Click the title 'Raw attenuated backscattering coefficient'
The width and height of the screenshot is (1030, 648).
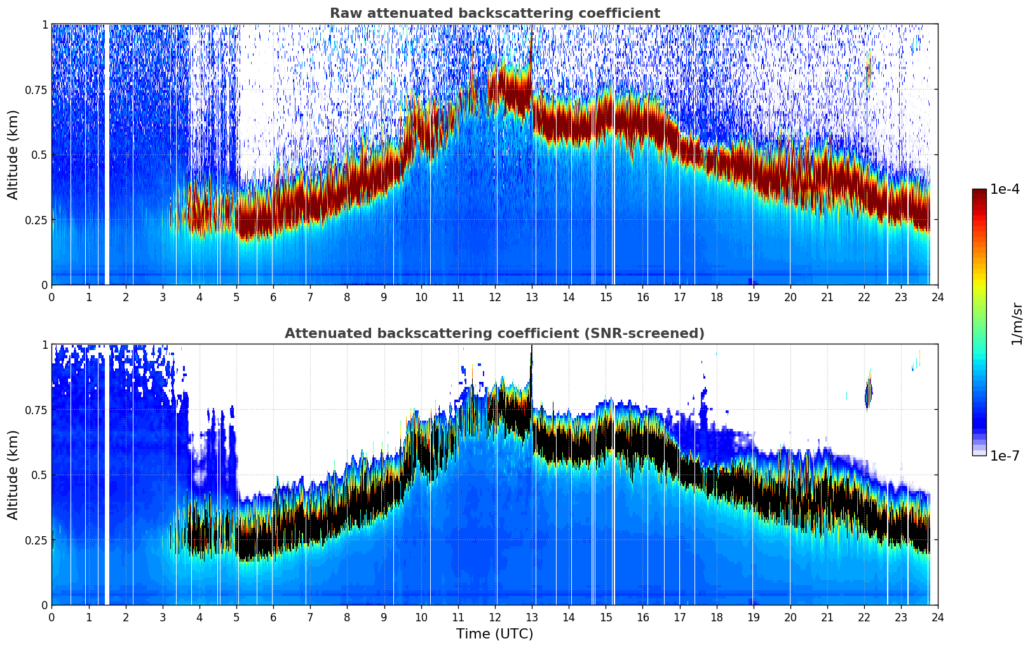(494, 13)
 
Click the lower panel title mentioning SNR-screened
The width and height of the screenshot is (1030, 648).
(494, 334)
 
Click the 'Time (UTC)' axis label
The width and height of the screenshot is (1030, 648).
(494, 634)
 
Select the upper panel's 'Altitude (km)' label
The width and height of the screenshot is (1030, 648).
(13, 154)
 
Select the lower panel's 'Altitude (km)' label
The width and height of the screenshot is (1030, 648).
(13, 475)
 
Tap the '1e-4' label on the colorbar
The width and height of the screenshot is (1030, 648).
(1005, 190)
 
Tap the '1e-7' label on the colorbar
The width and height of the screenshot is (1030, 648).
(1005, 456)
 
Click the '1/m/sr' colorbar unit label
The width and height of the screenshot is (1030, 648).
(1017, 324)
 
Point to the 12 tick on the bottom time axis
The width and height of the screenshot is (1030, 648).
(495, 617)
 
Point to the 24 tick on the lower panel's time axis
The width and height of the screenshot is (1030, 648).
(938, 617)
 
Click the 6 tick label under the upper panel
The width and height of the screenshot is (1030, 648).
(273, 297)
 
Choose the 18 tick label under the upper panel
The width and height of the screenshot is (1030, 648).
(716, 297)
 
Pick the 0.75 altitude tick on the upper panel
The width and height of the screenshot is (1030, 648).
(36, 90)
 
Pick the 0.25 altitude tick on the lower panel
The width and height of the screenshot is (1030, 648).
(36, 540)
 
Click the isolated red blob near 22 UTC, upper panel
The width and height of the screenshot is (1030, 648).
(869, 70)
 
